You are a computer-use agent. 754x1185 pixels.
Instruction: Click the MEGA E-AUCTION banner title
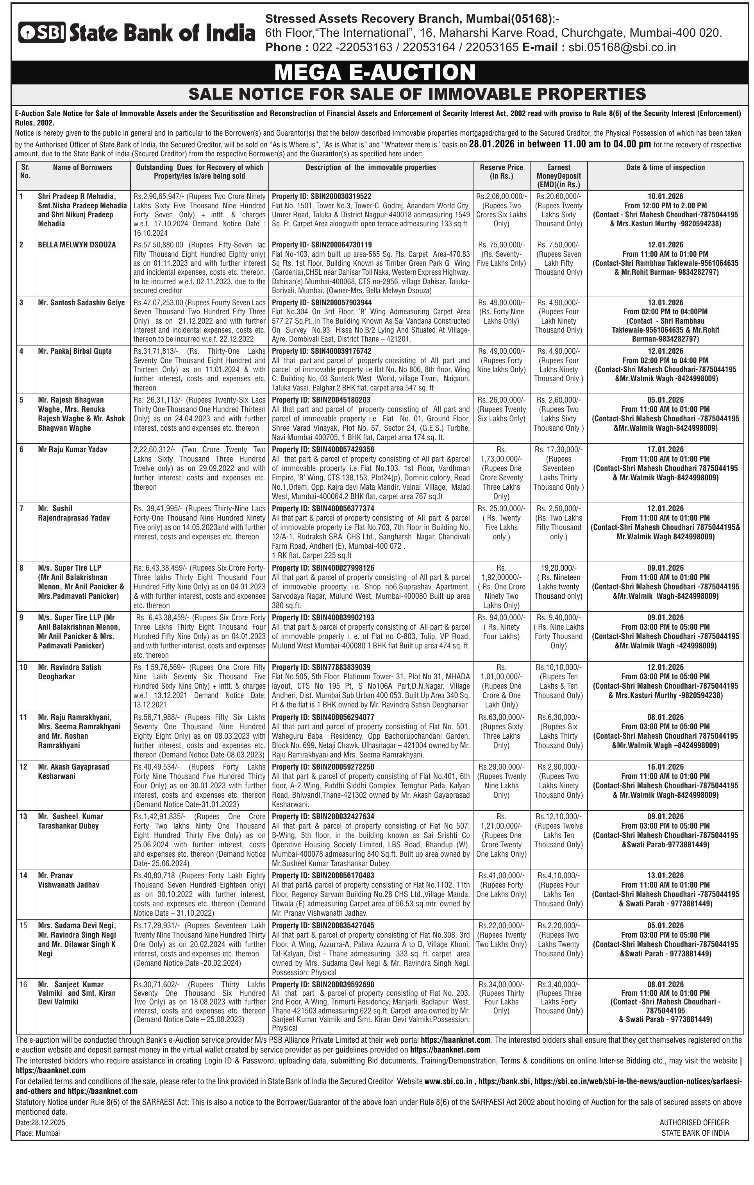click(375, 72)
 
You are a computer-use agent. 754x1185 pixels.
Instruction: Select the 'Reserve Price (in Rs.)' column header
click(501, 172)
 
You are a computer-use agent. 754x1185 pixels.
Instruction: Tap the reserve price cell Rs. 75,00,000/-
click(501, 245)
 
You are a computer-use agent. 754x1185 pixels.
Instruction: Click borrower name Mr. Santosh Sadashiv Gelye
click(81, 303)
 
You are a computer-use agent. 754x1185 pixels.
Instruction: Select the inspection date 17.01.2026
click(665, 449)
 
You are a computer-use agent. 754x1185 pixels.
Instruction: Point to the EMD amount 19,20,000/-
click(558, 568)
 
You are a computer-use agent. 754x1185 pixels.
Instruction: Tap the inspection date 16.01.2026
click(665, 767)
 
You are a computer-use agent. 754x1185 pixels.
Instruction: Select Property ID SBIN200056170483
click(323, 875)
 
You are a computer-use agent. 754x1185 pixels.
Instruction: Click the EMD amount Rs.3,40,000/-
click(558, 984)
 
